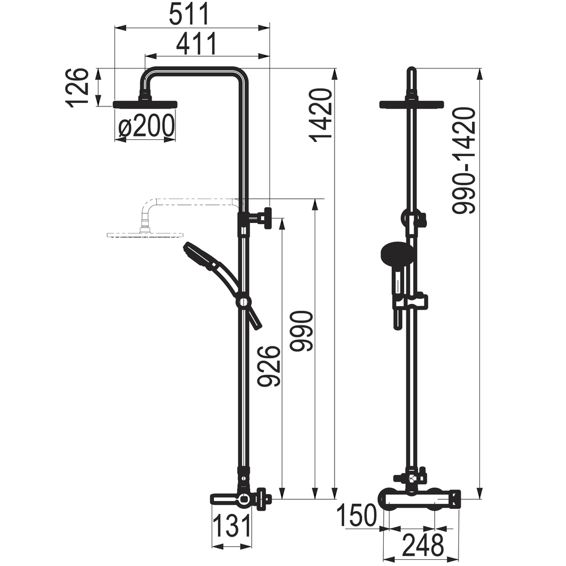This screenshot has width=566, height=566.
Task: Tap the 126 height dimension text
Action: [77, 87]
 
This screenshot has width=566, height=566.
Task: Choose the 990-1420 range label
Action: [464, 161]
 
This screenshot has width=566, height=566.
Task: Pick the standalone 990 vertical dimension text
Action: [302, 331]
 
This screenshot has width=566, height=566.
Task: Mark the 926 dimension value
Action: [269, 366]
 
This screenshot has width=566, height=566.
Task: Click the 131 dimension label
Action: [231, 525]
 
